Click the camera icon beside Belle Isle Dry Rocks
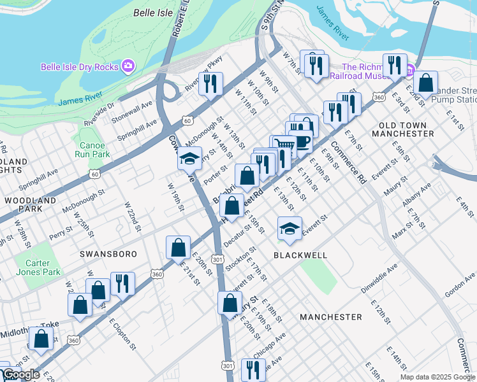point(128,66)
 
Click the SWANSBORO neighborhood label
point(108,253)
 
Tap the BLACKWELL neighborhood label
point(300,255)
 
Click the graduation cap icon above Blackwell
point(290,229)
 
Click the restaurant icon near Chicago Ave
point(254,369)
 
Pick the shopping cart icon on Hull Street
point(284,146)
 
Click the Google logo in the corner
point(20,374)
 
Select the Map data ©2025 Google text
point(437,377)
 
